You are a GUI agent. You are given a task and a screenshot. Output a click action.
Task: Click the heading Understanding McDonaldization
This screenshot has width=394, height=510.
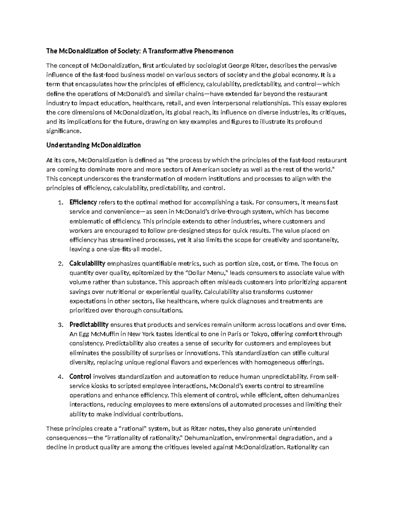(x=94, y=145)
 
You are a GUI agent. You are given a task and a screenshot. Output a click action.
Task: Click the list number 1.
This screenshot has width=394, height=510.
(x=60, y=203)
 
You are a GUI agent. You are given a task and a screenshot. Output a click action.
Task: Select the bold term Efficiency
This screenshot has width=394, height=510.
(x=83, y=202)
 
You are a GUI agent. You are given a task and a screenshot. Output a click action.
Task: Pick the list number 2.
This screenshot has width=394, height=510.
(x=60, y=264)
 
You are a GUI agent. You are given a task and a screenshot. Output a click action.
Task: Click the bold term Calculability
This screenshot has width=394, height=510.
(x=87, y=263)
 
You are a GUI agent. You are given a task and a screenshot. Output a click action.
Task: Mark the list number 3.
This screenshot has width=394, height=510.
(x=60, y=325)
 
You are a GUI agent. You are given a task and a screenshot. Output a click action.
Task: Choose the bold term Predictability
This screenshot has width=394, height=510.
(x=89, y=325)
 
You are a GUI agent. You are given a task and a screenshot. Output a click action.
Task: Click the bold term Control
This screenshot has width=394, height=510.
(x=80, y=377)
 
